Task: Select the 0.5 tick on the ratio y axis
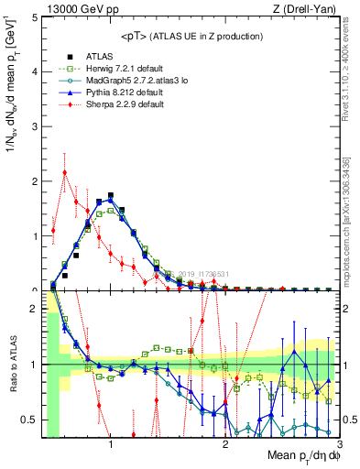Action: [x=30, y=420]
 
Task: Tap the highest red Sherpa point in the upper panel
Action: [x=64, y=172]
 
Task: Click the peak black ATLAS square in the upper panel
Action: [x=111, y=195]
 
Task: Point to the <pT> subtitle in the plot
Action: [x=192, y=36]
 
